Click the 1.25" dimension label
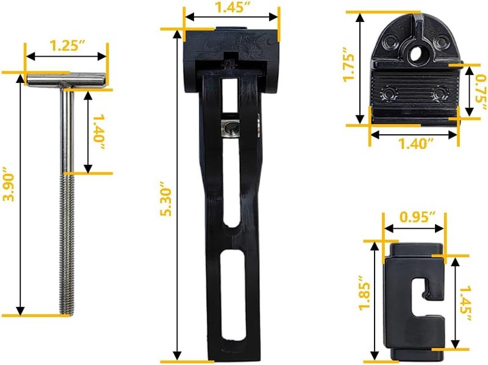[x=67, y=46]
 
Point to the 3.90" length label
[x=9, y=184]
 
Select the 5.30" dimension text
[x=166, y=202]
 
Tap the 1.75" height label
[x=349, y=65]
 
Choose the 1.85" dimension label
[x=365, y=292]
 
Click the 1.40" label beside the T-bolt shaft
[x=99, y=132]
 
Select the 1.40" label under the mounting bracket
[x=416, y=143]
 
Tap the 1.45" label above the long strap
[x=234, y=7]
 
